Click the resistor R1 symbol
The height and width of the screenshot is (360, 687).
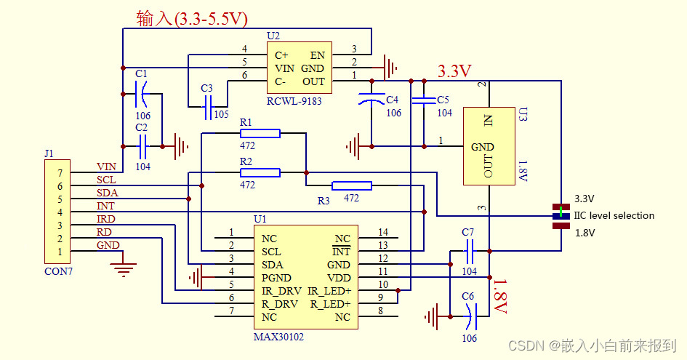tap(260, 133)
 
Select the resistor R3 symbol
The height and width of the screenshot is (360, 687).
tap(351, 185)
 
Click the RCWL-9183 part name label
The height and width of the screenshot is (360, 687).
tap(294, 101)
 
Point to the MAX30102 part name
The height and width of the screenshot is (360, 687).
tap(279, 337)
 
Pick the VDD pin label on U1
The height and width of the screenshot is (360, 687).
tap(338, 278)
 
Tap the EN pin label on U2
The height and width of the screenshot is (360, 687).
tap(318, 55)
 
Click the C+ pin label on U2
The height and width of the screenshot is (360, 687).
tap(281, 55)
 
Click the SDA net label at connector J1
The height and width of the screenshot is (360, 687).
tap(107, 193)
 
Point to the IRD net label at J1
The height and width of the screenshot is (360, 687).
tap(106, 219)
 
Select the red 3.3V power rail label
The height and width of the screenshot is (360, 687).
tap(454, 71)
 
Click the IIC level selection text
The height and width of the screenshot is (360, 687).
tap(614, 215)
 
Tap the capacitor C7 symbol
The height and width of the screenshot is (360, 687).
tap(469, 252)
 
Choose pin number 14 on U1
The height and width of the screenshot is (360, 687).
tap(383, 232)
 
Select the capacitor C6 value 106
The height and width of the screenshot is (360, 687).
tap(468, 337)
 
